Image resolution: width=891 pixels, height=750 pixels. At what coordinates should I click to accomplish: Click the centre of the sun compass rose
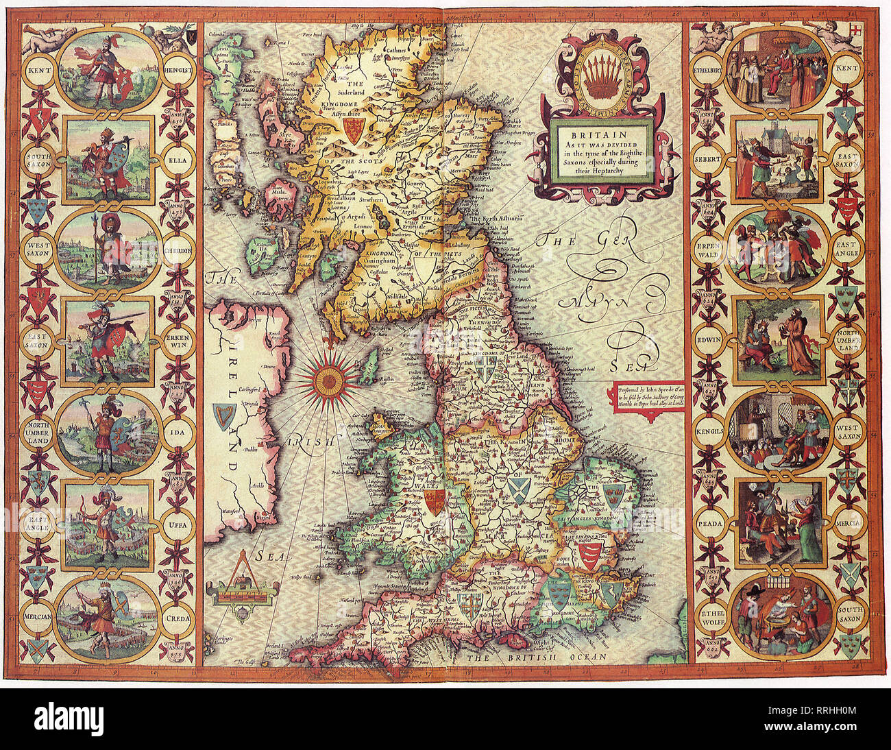click(x=331, y=376)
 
